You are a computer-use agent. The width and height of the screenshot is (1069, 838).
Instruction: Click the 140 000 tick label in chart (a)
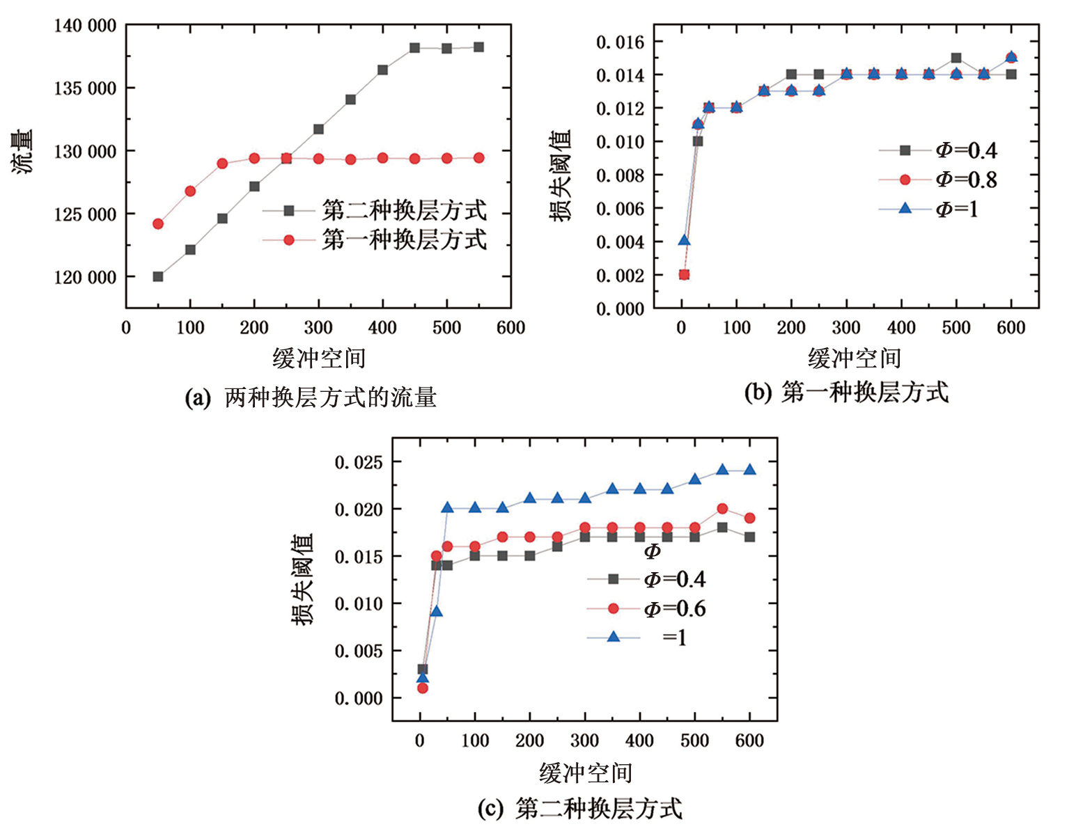(x=85, y=26)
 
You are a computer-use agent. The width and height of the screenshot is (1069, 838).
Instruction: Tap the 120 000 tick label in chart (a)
(x=85, y=277)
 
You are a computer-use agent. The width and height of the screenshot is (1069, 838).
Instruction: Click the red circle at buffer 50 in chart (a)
(x=158, y=224)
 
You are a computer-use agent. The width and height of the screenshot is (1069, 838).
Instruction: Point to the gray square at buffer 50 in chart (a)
(x=158, y=277)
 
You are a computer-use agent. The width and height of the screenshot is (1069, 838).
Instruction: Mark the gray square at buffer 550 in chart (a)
(x=478, y=47)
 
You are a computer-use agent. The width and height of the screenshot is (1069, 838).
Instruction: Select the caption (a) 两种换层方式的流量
(x=311, y=397)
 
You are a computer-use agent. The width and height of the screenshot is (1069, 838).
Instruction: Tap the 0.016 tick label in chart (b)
(x=621, y=42)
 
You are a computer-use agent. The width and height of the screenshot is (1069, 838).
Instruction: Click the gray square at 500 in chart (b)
(x=956, y=58)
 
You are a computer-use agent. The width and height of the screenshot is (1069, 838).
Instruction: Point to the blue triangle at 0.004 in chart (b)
(x=685, y=241)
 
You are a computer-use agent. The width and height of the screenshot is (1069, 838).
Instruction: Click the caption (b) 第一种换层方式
(x=846, y=393)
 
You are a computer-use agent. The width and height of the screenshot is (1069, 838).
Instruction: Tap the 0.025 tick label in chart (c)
(x=359, y=463)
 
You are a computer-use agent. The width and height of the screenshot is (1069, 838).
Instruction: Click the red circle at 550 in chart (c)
(x=722, y=509)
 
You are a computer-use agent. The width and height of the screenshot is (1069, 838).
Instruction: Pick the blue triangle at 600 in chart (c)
(x=749, y=470)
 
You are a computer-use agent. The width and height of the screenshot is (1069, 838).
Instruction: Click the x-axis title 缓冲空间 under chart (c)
(x=586, y=773)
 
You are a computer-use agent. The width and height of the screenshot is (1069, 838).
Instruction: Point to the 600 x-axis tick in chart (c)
(x=749, y=741)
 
